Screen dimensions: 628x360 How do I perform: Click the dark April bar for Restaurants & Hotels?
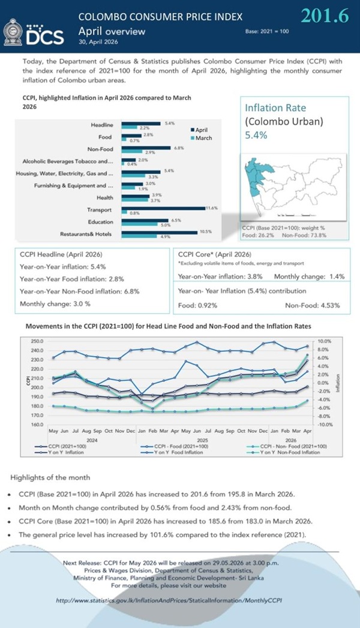pos(160,231)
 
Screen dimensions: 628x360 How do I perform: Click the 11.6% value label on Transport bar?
pos(211,207)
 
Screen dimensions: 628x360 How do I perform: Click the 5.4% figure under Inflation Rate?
pos(256,136)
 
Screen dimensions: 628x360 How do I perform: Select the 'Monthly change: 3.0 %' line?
pos(55,304)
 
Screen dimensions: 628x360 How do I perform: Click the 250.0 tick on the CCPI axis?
pos(37,341)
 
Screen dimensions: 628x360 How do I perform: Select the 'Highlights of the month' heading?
pos(50,477)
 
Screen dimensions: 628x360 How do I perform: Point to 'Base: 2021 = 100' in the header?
pos(267,31)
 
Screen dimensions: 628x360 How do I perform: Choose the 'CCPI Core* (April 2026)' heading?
pos(214,254)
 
